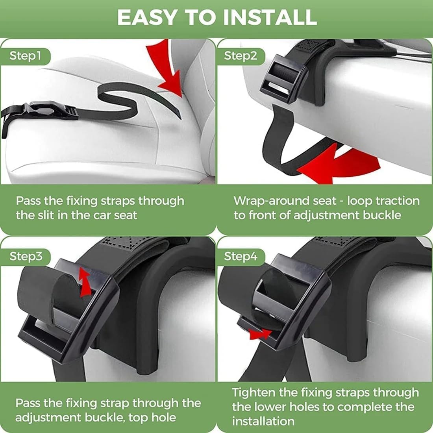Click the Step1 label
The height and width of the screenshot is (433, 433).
(25, 56)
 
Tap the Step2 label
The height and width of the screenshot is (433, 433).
(240, 56)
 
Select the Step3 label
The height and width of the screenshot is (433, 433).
(26, 256)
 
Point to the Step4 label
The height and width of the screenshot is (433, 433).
(241, 256)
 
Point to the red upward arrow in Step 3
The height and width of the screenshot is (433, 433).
(84, 282)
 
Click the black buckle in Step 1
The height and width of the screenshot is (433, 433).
(43, 110)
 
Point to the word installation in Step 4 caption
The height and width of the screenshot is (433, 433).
(263, 421)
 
